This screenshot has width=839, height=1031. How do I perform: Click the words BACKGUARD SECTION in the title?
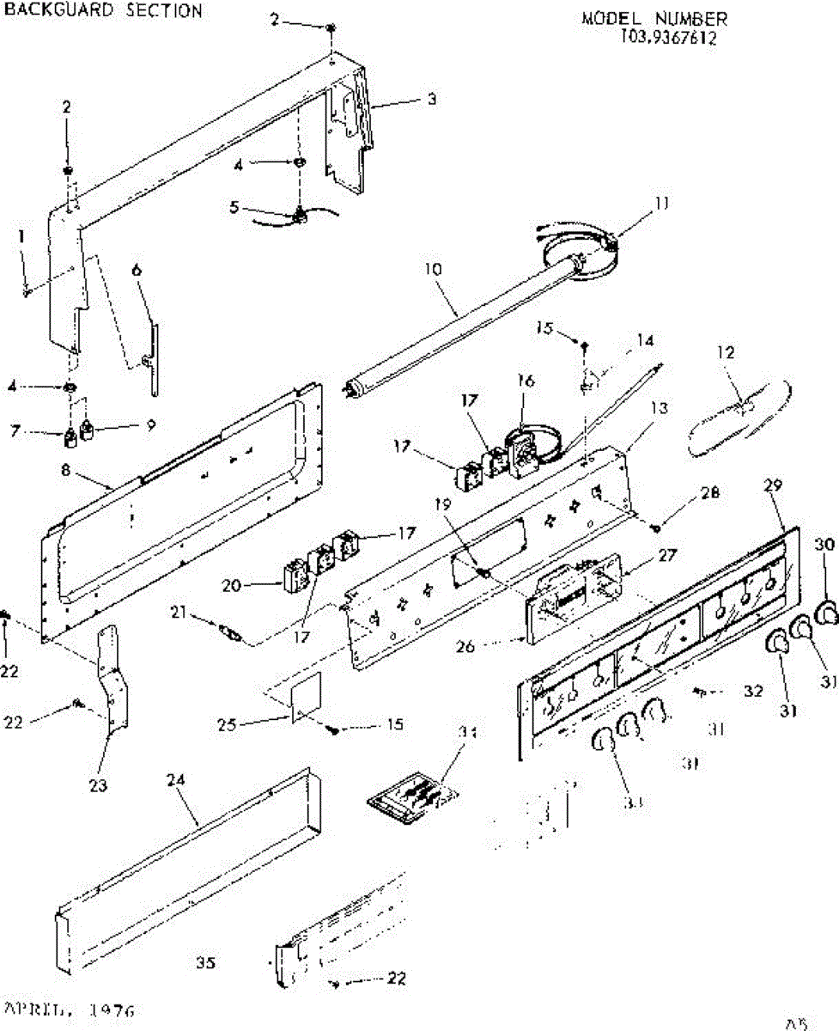[104, 11]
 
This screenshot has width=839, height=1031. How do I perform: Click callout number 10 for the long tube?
[433, 269]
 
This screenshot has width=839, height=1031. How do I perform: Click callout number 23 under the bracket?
[99, 785]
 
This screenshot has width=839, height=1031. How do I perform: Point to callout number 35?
[204, 963]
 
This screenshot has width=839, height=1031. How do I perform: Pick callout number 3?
[432, 99]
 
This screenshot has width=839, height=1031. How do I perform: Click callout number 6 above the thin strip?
[137, 271]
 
